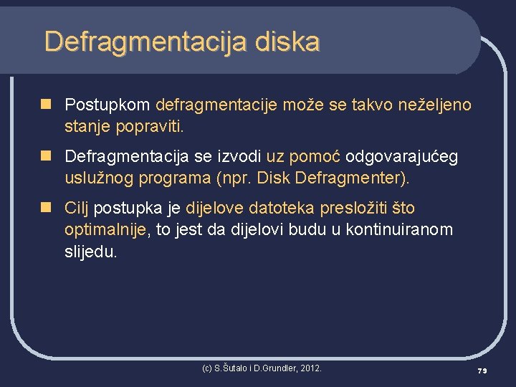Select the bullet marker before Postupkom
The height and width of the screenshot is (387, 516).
(x=47, y=105)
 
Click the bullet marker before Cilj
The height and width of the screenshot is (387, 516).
(x=47, y=208)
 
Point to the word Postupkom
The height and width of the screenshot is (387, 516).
(x=107, y=105)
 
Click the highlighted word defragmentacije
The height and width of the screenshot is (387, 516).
(x=216, y=105)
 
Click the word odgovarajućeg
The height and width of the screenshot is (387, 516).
(x=402, y=157)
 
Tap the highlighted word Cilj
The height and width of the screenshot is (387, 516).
(x=77, y=209)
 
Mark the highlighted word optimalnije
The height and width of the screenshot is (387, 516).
(x=105, y=230)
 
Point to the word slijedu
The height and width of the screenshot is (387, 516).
(x=90, y=252)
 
